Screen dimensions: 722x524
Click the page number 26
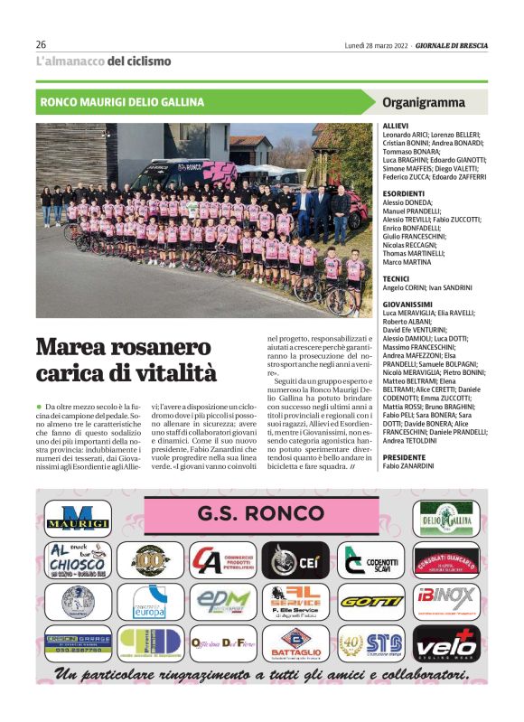point(41,44)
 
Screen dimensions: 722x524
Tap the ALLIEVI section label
point(396,127)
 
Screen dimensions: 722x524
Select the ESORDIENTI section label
point(404,193)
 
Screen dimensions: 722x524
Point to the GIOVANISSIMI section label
point(407,305)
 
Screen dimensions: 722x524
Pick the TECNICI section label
point(397,277)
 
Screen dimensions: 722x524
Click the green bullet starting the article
point(40,408)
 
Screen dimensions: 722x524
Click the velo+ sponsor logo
point(445,642)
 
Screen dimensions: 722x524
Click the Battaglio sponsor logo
point(297,642)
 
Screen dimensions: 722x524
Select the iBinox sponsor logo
point(445,600)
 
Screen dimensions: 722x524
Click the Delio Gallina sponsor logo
point(445,519)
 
